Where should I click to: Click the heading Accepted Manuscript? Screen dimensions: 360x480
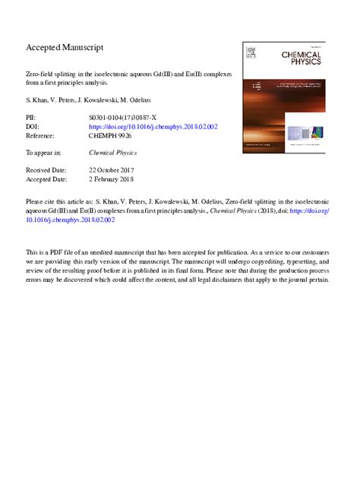[x=65, y=47]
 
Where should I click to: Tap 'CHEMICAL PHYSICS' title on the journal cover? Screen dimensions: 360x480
[x=301, y=58]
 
